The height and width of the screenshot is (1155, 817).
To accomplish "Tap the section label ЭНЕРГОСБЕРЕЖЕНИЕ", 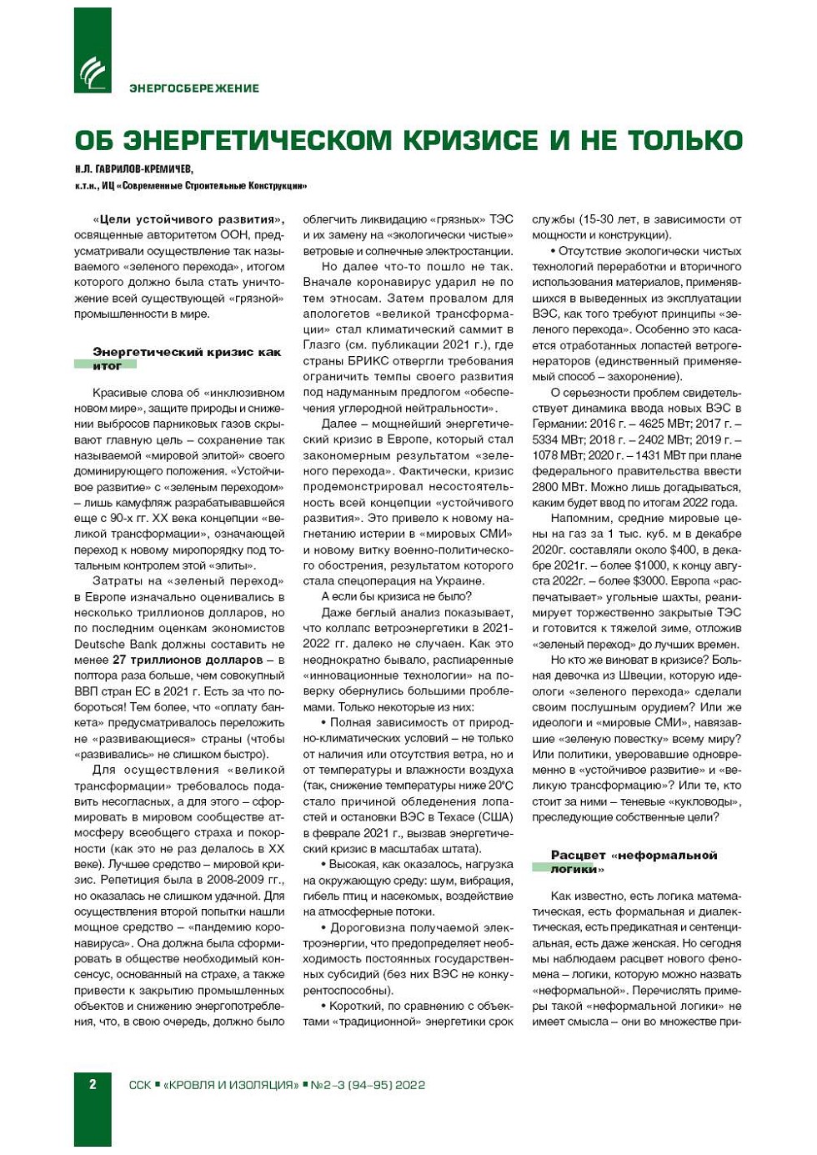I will (x=194, y=88).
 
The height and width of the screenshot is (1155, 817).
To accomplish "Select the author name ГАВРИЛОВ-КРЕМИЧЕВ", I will (x=145, y=168).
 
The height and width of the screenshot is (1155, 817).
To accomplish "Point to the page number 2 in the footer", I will (x=93, y=1084).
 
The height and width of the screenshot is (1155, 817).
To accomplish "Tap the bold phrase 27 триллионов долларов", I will (x=175, y=660).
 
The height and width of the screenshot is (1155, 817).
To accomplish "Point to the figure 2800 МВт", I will (x=557, y=487).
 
